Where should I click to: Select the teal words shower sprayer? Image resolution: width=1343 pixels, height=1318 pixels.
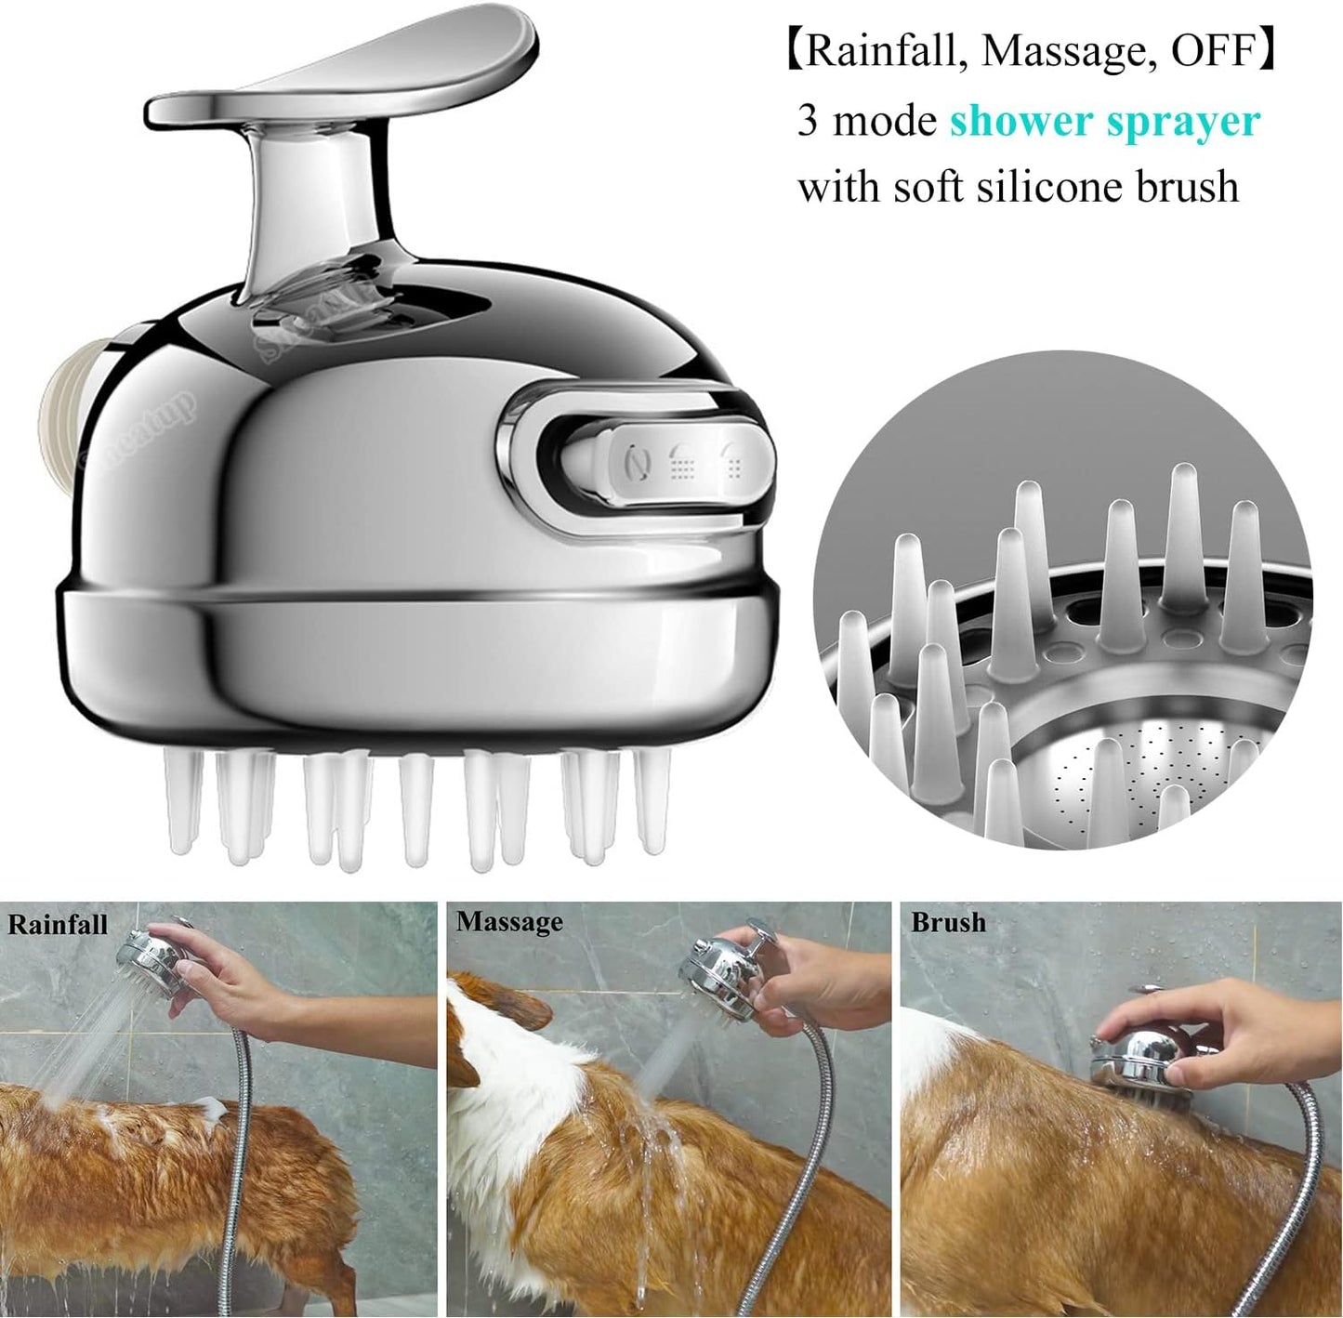tap(1104, 121)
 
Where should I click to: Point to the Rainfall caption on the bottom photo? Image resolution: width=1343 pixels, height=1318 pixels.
tap(58, 924)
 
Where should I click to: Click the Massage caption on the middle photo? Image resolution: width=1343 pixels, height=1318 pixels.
tap(509, 921)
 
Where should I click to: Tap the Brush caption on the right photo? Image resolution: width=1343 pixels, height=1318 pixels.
tap(948, 922)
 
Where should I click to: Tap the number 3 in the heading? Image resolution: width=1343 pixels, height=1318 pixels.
tap(808, 122)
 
